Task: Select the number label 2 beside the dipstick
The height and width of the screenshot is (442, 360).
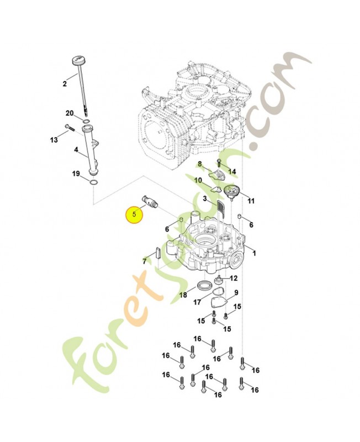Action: point(65,84)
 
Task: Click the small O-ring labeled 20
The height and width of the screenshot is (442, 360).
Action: point(86,121)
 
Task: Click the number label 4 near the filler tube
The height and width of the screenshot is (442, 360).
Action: point(76,149)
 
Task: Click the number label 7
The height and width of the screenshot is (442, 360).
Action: point(144,261)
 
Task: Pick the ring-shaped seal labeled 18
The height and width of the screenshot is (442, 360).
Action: point(204,285)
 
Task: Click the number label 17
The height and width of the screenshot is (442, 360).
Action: point(198,302)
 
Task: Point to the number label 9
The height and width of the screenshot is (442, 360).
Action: point(236,293)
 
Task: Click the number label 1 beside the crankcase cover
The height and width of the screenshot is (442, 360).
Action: point(254,254)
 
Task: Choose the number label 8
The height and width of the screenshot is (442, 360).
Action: point(200,164)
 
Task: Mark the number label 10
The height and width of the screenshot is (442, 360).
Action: point(197,180)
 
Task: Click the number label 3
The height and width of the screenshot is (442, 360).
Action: point(205,199)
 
